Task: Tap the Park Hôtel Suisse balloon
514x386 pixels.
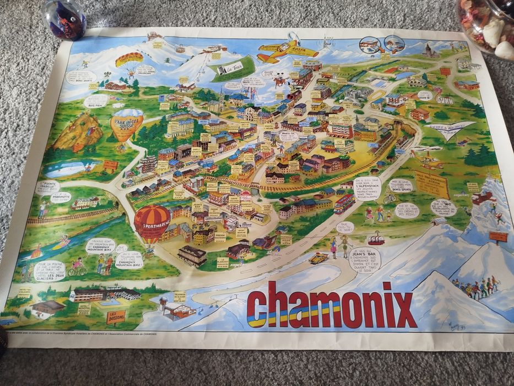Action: (x=127, y=124)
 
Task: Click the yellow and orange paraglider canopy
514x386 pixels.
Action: (x=129, y=58)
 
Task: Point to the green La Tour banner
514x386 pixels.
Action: (x=231, y=70)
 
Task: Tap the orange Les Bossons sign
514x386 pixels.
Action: (x=116, y=316)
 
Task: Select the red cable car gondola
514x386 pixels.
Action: (x=376, y=239)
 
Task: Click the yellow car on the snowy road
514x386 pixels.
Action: (x=318, y=258)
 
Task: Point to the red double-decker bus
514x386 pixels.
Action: (x=344, y=203)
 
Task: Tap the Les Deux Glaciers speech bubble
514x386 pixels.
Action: (x=49, y=270)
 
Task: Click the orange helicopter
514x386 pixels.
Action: (x=431, y=163)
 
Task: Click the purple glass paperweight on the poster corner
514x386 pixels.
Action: (x=66, y=19)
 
